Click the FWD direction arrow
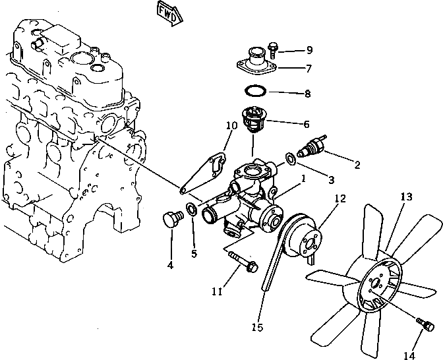[x=166, y=13]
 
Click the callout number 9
[x=309, y=49]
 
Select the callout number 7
[x=308, y=68]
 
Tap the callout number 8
[x=307, y=94]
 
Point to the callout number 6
[x=306, y=123]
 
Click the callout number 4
[x=170, y=265]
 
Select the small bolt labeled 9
[x=274, y=47]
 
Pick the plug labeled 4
[x=171, y=219]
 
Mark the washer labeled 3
[x=291, y=158]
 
